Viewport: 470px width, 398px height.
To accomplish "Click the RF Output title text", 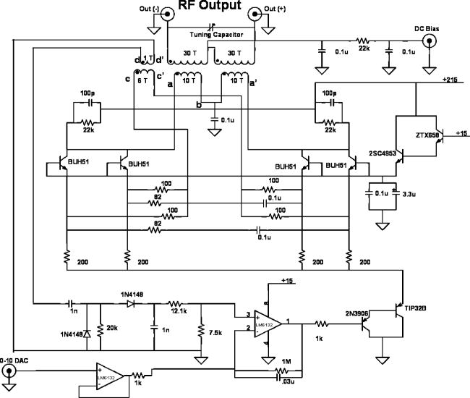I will (x=210, y=10).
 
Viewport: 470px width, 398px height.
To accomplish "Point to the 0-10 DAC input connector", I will (x=9, y=372).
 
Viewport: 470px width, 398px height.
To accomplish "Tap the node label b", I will (x=198, y=106).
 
